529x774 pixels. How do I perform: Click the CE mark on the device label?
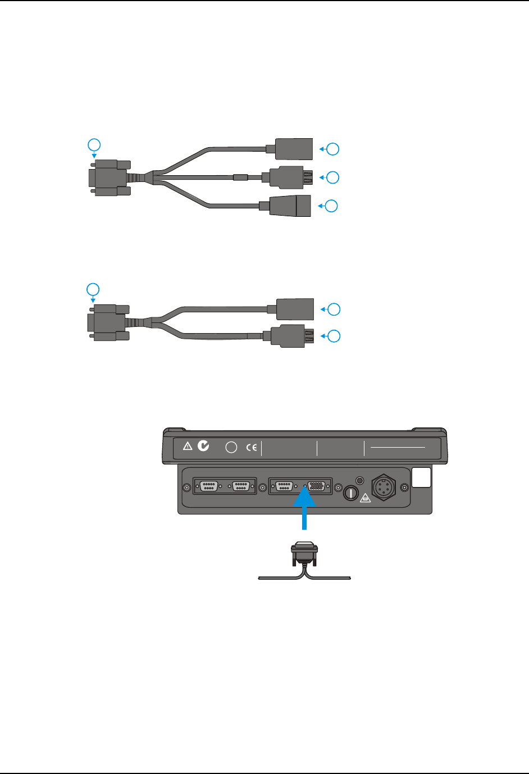click(252, 448)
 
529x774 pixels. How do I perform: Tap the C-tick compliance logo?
click(203, 445)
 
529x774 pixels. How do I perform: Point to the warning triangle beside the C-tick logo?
click(188, 446)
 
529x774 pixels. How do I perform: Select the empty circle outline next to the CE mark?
click(231, 448)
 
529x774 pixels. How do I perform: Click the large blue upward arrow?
click(304, 508)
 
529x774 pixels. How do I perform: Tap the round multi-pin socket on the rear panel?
click(383, 486)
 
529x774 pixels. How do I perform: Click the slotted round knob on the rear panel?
click(350, 493)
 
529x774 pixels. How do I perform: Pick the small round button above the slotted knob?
click(360, 481)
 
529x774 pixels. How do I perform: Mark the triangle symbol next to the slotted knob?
click(365, 497)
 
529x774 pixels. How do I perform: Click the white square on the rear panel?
click(421, 477)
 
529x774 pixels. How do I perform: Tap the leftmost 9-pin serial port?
click(209, 486)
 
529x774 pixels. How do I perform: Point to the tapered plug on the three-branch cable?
click(289, 206)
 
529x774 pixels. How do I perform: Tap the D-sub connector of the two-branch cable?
click(108, 322)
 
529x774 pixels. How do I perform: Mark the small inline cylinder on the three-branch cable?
click(240, 178)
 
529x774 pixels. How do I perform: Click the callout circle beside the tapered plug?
click(332, 206)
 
